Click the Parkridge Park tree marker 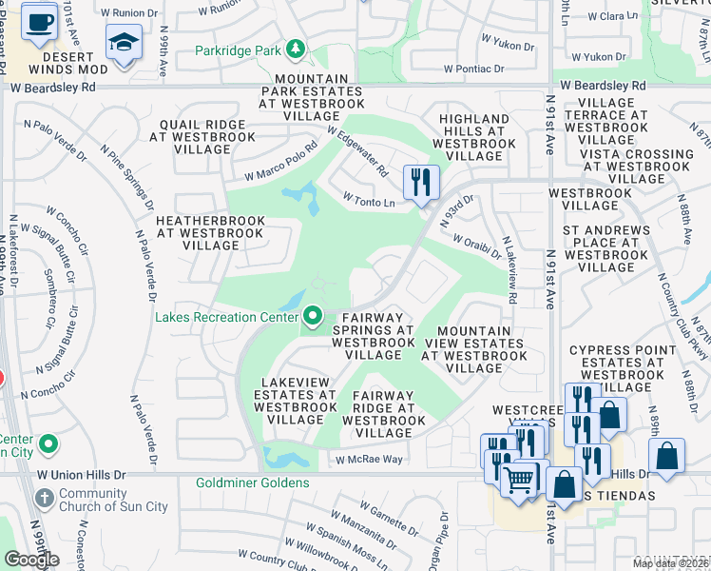(296, 49)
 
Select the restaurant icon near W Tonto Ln (421, 181)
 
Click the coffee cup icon (39, 20)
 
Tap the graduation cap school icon (125, 43)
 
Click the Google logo (31, 559)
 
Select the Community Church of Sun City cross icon (45, 499)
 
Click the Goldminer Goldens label (252, 482)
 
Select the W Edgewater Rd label (358, 153)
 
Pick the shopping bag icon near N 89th (668, 456)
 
